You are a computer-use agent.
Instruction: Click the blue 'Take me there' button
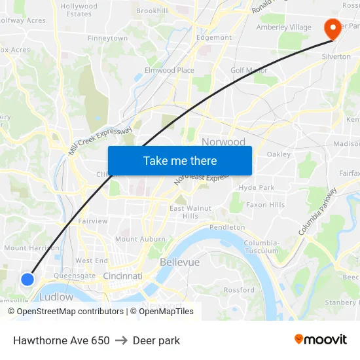(x=180, y=160)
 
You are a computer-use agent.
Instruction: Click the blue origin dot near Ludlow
(x=27, y=279)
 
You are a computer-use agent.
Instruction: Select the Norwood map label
(x=223, y=142)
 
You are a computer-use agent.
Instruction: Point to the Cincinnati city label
(x=122, y=276)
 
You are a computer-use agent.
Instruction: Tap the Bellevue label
(x=179, y=262)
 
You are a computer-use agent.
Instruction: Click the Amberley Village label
(x=284, y=27)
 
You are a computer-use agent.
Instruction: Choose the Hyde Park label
(x=257, y=187)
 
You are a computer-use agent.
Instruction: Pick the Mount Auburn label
(x=140, y=240)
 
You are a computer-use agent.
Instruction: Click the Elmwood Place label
(x=170, y=70)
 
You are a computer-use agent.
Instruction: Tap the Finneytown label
(x=108, y=39)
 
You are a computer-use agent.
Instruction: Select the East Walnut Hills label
(x=190, y=212)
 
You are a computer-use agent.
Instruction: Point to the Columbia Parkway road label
(x=317, y=211)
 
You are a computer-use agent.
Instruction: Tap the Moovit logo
(x=320, y=340)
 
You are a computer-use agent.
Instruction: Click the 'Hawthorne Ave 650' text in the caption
(x=62, y=340)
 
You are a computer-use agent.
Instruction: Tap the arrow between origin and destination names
(x=121, y=340)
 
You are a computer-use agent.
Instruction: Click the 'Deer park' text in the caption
(x=156, y=340)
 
